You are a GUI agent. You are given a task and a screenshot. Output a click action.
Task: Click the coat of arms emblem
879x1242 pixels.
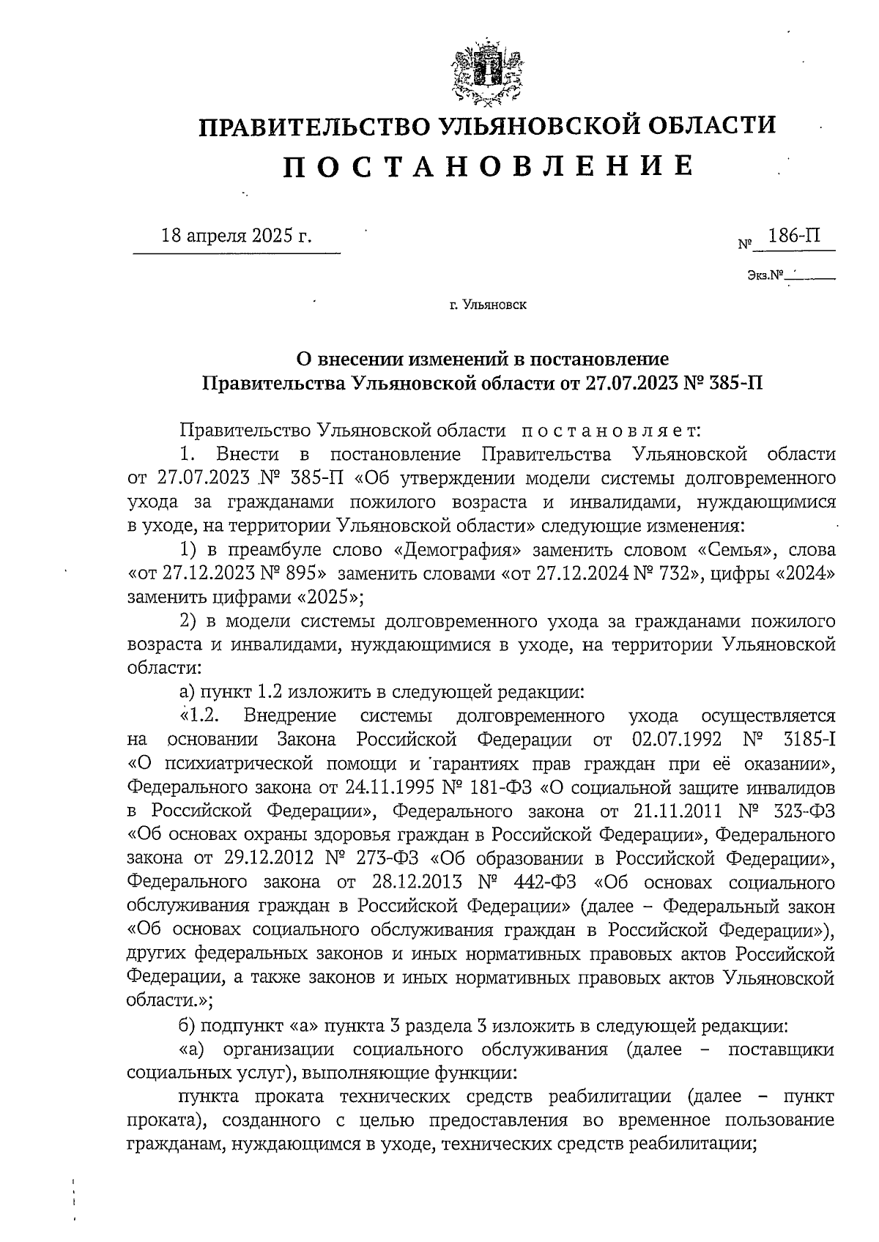point(486,72)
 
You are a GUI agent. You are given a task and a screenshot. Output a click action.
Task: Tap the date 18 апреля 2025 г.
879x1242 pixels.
point(236,237)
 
